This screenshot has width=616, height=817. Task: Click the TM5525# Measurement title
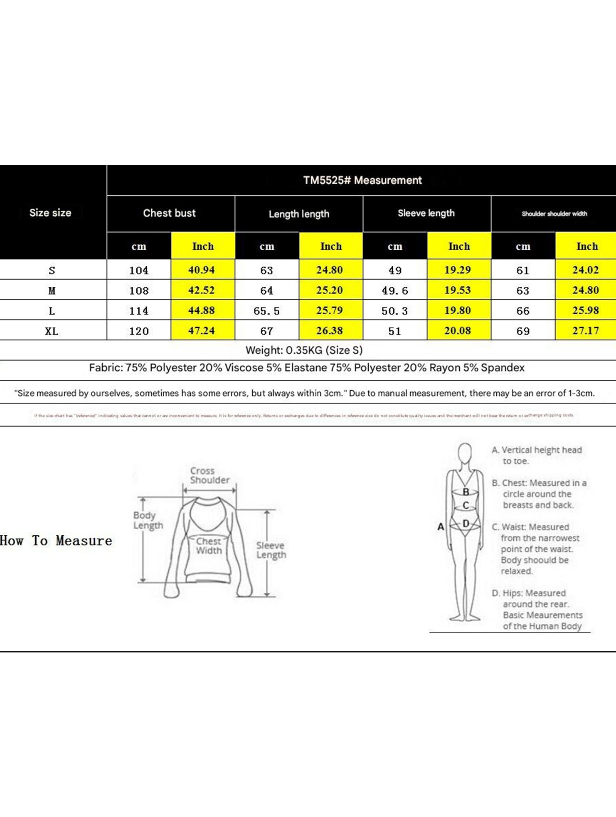click(x=362, y=180)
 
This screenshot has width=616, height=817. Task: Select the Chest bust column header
click(x=169, y=213)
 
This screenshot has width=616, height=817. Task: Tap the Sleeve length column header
click(x=426, y=213)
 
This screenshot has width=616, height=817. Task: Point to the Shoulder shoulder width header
click(x=554, y=214)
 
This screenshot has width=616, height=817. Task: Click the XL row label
click(x=52, y=331)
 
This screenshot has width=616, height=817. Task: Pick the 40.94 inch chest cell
click(x=202, y=270)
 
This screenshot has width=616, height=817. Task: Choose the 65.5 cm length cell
click(x=266, y=311)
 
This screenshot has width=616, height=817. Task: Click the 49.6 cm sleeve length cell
click(x=395, y=290)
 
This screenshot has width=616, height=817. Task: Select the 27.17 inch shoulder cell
click(x=585, y=331)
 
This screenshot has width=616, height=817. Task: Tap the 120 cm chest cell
click(x=139, y=331)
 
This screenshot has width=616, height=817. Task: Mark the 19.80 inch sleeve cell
click(x=458, y=310)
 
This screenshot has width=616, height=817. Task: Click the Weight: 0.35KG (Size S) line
click(x=304, y=350)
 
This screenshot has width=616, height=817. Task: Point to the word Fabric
click(x=106, y=368)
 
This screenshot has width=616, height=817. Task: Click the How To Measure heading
click(x=56, y=541)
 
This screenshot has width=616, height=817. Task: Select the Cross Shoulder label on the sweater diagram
click(x=209, y=475)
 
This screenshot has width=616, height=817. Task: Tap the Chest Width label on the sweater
click(x=209, y=546)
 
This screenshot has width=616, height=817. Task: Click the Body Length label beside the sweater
click(x=148, y=520)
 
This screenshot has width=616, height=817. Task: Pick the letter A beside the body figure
click(x=441, y=527)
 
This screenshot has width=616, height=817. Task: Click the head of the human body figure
click(x=465, y=452)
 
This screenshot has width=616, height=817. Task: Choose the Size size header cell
click(x=50, y=213)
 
